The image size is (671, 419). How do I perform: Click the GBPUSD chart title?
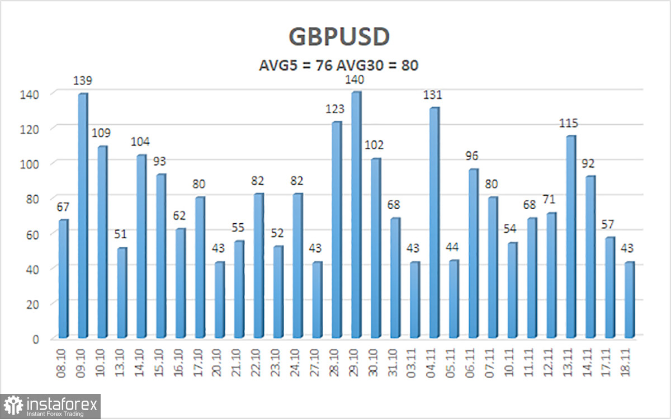click(339, 37)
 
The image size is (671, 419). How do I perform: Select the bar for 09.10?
click(83, 215)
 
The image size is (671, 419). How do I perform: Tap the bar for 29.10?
click(356, 215)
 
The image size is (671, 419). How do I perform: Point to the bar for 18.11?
click(630, 300)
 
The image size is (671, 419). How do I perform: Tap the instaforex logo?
click(51, 406)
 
